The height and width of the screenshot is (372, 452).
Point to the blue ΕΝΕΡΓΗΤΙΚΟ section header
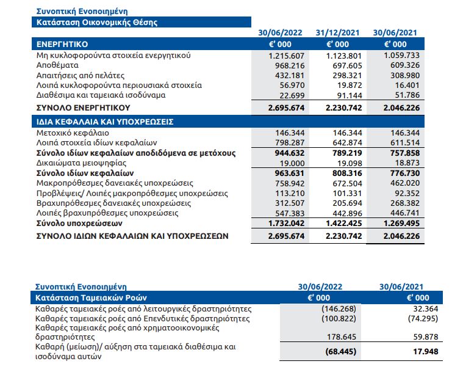63,45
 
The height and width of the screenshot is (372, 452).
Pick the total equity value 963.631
286,173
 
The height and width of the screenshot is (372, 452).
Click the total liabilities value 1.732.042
284,224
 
